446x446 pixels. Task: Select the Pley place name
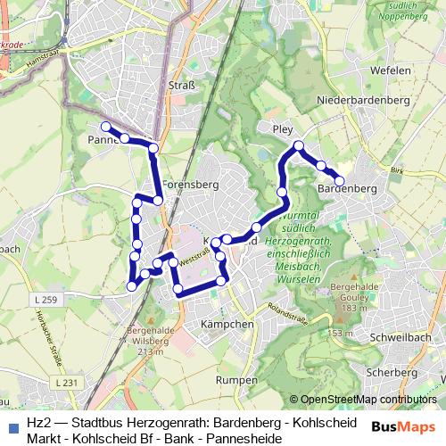[283, 129]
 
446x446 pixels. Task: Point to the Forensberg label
[190, 186]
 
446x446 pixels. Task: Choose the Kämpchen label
[228, 324]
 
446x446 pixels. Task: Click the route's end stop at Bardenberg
[339, 181]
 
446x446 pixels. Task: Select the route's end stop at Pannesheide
[105, 127]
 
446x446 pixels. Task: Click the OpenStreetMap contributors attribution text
[368, 399]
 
